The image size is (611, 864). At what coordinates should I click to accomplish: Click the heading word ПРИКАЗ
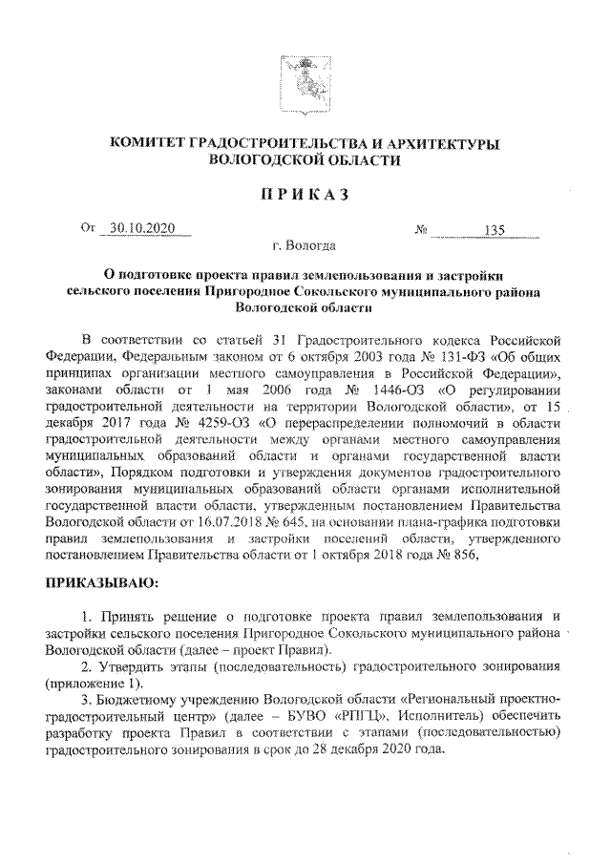(304, 196)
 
